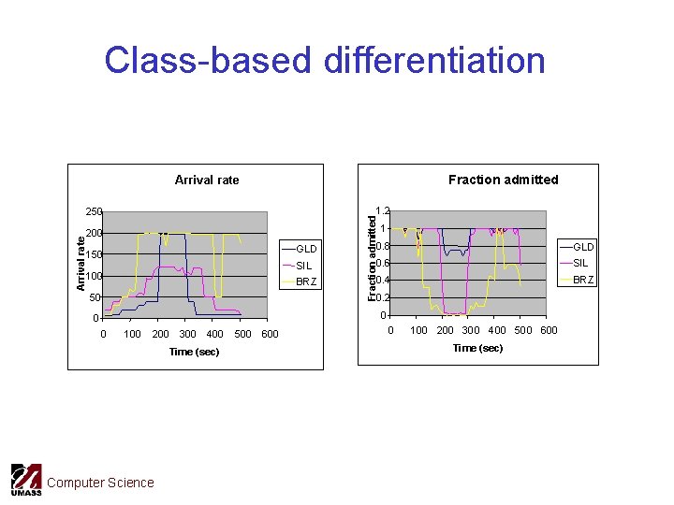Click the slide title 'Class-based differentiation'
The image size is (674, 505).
tap(325, 60)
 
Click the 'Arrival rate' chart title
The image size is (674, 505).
tap(207, 180)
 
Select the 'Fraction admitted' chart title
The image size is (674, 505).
tap(503, 180)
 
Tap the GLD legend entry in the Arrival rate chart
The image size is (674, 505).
tap(306, 249)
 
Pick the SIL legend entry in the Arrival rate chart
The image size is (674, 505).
tap(303, 266)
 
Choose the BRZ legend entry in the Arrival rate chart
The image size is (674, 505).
tap(306, 281)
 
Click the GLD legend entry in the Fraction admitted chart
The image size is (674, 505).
tap(583, 246)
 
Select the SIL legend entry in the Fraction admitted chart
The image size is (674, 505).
tap(580, 263)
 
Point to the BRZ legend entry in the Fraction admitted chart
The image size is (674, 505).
tap(583, 280)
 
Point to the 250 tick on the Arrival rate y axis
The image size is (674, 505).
tap(94, 212)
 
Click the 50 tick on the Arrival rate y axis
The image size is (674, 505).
tap(95, 298)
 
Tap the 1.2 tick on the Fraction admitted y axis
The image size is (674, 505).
tap(381, 211)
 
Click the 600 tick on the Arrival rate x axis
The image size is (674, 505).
tap(270, 334)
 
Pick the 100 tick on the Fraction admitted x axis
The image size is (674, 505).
tap(418, 330)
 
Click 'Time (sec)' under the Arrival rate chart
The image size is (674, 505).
tap(194, 352)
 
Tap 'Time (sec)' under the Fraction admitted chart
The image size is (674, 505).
tap(477, 348)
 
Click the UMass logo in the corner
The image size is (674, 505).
tap(26, 480)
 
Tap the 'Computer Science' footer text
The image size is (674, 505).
tap(100, 483)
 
